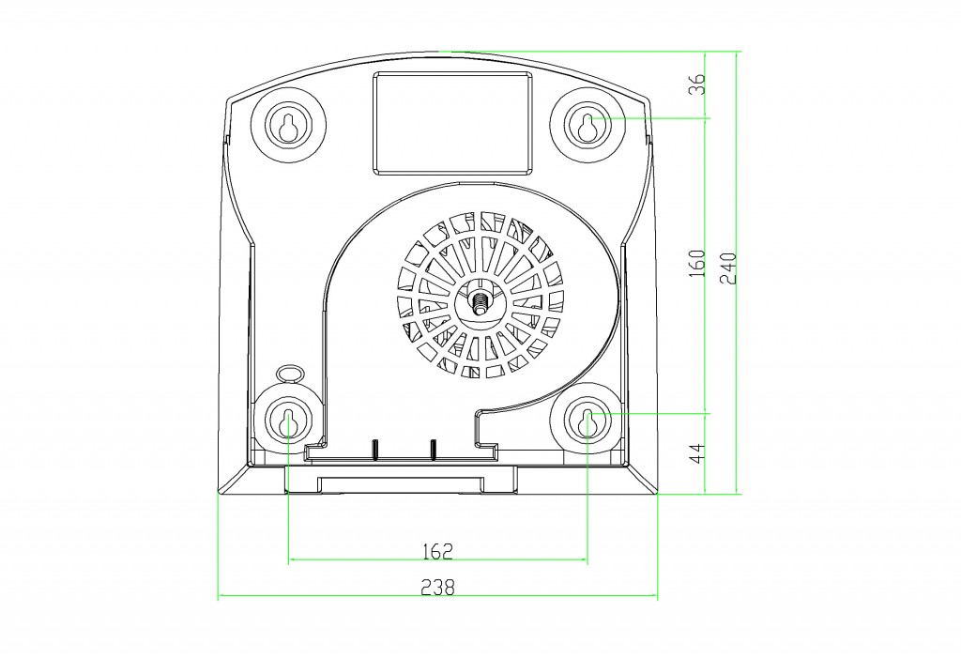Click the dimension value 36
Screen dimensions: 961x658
(x=697, y=84)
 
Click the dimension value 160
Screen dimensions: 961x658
(x=697, y=263)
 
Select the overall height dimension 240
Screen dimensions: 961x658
(x=728, y=268)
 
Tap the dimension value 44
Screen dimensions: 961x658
(x=697, y=452)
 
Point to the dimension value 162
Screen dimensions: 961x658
(x=437, y=551)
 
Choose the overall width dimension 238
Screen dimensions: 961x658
(x=437, y=588)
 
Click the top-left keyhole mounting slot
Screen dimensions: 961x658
(x=288, y=126)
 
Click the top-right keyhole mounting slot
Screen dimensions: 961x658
(x=587, y=126)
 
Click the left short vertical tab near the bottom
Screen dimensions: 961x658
(x=375, y=449)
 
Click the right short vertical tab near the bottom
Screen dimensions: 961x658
(x=433, y=449)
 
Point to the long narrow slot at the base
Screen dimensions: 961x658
(x=401, y=483)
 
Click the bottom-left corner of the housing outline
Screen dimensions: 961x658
(x=219, y=492)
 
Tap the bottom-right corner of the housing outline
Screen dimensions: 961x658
(x=657, y=492)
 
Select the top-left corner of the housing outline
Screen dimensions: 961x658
(x=227, y=99)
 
